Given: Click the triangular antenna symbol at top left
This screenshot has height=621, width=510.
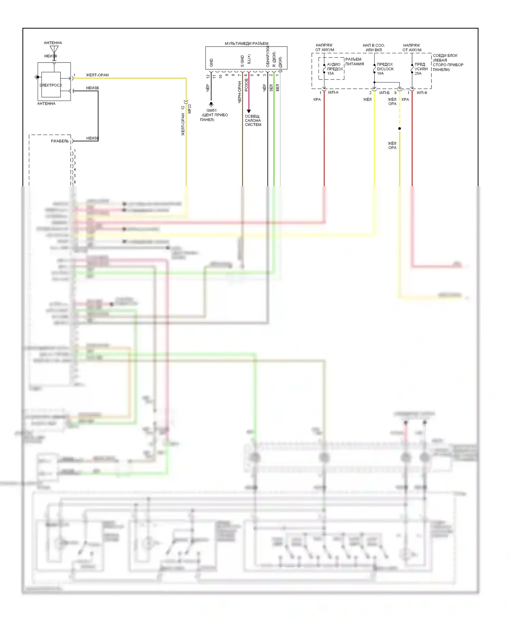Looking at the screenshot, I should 54,50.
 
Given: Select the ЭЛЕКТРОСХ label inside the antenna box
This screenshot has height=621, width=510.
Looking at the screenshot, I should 51,85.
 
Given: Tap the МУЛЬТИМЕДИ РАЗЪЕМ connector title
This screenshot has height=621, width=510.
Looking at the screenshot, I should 247,43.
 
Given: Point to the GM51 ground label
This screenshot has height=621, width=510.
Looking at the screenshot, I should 211,110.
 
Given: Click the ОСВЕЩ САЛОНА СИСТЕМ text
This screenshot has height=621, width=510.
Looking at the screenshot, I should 253,121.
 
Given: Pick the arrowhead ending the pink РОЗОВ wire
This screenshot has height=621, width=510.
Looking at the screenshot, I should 249,111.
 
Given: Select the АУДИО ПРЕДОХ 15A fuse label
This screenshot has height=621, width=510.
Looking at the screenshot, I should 335,69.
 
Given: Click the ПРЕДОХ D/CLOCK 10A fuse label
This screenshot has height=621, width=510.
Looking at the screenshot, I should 385,69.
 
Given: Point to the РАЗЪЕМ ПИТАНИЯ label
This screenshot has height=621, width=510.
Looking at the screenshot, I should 354,61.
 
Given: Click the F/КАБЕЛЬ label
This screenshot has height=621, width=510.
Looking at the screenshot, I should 60,141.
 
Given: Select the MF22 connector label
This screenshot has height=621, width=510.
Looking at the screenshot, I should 190,109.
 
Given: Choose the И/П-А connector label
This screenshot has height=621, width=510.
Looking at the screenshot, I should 333,92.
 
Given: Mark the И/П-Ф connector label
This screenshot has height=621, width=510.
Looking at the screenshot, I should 422,92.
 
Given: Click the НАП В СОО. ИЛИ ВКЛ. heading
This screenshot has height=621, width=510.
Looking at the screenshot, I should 374,48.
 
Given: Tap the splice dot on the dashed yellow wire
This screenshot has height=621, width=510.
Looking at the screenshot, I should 400,128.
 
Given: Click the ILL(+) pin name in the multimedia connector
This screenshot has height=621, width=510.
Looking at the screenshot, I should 249,59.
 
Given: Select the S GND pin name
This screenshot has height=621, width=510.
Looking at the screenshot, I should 242,61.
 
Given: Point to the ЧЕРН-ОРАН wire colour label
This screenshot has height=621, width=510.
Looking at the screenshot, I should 239,92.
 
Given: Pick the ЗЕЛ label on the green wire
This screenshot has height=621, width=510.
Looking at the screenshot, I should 271,88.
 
